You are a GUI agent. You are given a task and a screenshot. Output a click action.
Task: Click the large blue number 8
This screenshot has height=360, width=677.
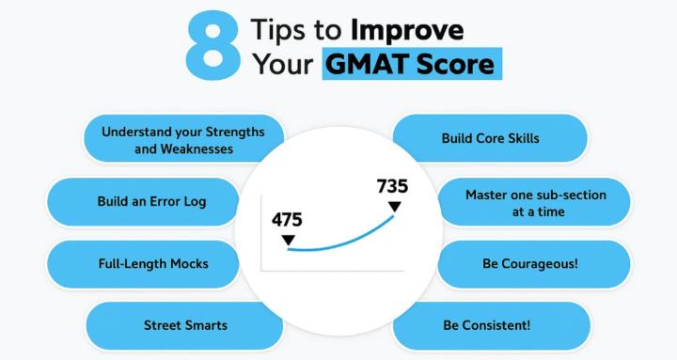tap(213, 45)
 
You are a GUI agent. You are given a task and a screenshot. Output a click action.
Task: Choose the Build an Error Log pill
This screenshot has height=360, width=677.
tap(151, 201)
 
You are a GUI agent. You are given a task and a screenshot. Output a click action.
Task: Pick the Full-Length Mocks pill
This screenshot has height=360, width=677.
tap(152, 263)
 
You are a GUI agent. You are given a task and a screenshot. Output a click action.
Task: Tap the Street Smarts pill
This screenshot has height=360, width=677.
tap(184, 325)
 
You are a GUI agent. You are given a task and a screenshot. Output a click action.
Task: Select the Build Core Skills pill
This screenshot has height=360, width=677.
tap(490, 138)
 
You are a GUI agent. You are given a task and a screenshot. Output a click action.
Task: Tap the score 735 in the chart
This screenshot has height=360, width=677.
tap(392, 185)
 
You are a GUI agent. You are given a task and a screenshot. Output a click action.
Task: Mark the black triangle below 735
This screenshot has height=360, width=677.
tap(394, 206)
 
